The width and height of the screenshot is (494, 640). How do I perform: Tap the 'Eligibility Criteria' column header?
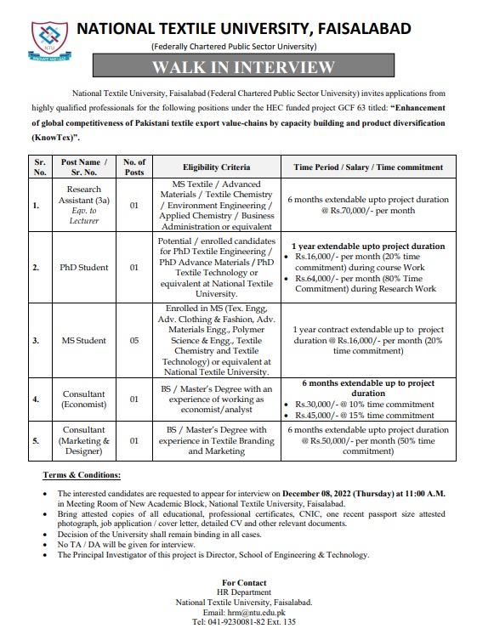(217, 167)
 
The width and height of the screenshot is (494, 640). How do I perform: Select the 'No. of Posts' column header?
(133, 167)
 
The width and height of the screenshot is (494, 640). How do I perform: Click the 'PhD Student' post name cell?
(83, 267)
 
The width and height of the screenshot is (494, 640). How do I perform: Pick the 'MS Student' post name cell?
(83, 340)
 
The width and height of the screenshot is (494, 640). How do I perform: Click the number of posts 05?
(133, 340)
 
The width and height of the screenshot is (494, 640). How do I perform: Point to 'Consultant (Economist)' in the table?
(83, 400)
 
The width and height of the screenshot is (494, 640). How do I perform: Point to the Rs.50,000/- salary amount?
(349, 441)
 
